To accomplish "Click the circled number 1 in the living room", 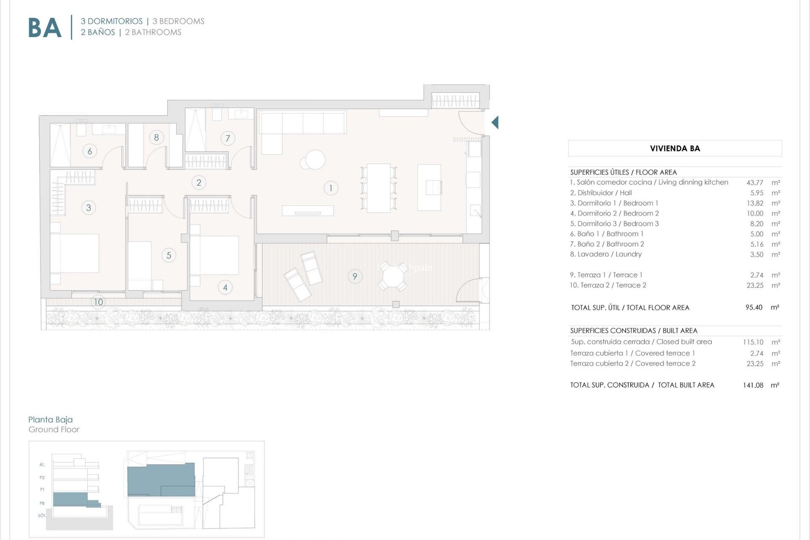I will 331,188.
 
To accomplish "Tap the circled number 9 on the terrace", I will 355,276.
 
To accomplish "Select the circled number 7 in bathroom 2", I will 228,138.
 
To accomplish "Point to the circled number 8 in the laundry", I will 157,137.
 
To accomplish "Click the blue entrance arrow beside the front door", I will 495,122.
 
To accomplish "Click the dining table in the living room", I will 378,188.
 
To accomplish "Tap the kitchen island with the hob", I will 429,187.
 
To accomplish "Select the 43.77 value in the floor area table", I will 755,183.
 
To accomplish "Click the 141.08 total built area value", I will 753,385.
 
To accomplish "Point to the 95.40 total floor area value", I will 754,308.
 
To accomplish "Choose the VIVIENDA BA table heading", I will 675,148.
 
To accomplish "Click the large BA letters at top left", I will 45,28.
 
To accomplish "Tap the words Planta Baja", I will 51,419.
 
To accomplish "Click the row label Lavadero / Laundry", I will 606,254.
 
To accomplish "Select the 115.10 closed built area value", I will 753,342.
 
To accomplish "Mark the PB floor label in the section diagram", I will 42,503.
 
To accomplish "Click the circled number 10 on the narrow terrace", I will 98,302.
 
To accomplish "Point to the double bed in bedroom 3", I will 74,253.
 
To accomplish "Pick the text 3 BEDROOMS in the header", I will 178,21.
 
